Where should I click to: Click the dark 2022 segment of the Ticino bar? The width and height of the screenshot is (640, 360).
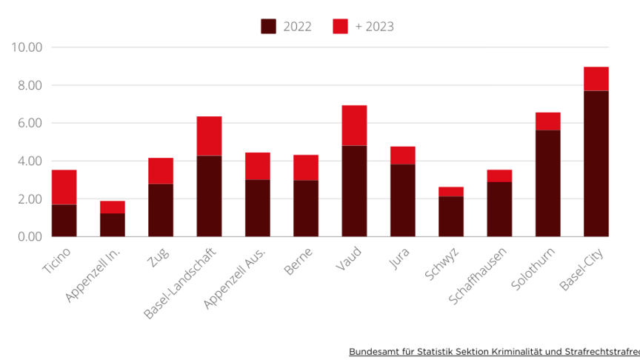(x=64, y=220)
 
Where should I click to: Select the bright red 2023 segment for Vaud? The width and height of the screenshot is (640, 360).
(x=354, y=125)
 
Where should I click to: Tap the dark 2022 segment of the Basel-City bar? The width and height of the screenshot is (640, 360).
(x=596, y=163)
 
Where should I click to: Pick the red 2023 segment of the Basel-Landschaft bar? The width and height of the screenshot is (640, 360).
(x=209, y=136)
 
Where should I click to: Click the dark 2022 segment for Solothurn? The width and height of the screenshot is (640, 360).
(x=547, y=183)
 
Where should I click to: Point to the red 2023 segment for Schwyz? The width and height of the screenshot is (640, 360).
(x=450, y=191)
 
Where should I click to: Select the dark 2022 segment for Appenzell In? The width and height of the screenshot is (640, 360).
(x=113, y=224)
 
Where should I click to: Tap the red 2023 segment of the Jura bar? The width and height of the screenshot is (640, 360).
(x=402, y=155)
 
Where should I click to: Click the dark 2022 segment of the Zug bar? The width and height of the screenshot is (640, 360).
(x=161, y=210)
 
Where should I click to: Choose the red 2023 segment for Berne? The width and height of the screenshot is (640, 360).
(x=306, y=167)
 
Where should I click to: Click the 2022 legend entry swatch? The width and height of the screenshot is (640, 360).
(x=268, y=27)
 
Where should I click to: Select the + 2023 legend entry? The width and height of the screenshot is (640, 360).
(x=363, y=27)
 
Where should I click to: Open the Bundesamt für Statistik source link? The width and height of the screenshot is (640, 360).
(x=493, y=351)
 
